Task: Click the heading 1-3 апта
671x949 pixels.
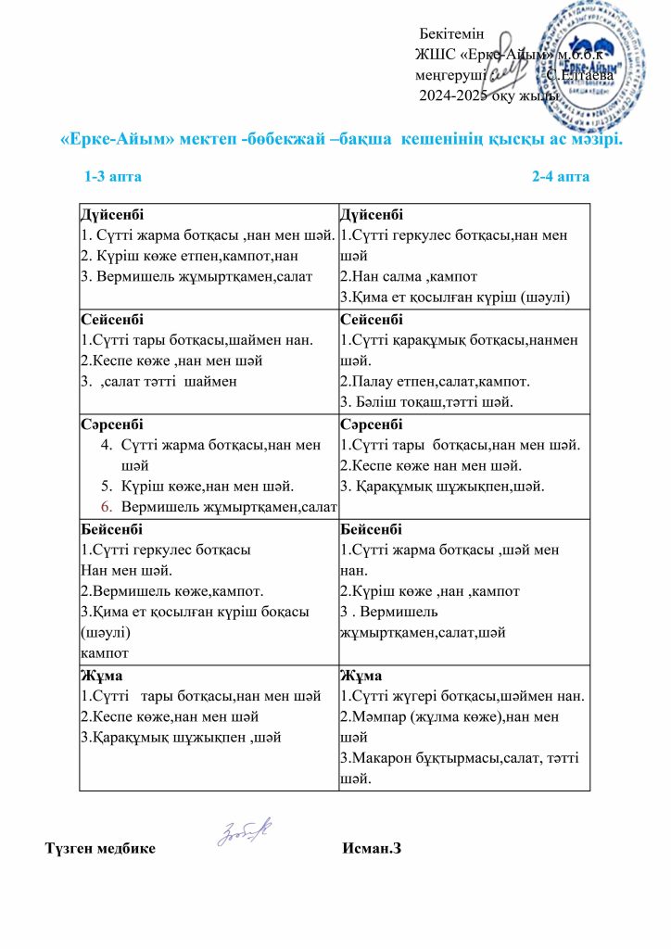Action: click(113, 176)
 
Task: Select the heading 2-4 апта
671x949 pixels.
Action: click(561, 176)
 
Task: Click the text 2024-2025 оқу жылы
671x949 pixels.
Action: click(488, 95)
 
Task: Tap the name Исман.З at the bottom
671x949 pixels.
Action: click(371, 848)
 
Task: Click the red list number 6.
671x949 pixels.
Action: click(106, 505)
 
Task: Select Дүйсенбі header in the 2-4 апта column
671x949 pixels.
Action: click(372, 215)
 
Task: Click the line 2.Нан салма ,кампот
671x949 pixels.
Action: click(403, 276)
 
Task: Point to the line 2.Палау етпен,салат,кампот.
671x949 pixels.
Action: click(442, 381)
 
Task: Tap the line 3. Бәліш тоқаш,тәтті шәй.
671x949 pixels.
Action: click(427, 401)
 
